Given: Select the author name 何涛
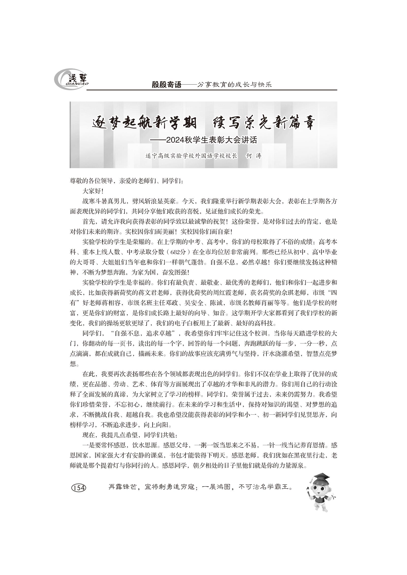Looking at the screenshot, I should [x=254, y=156].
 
